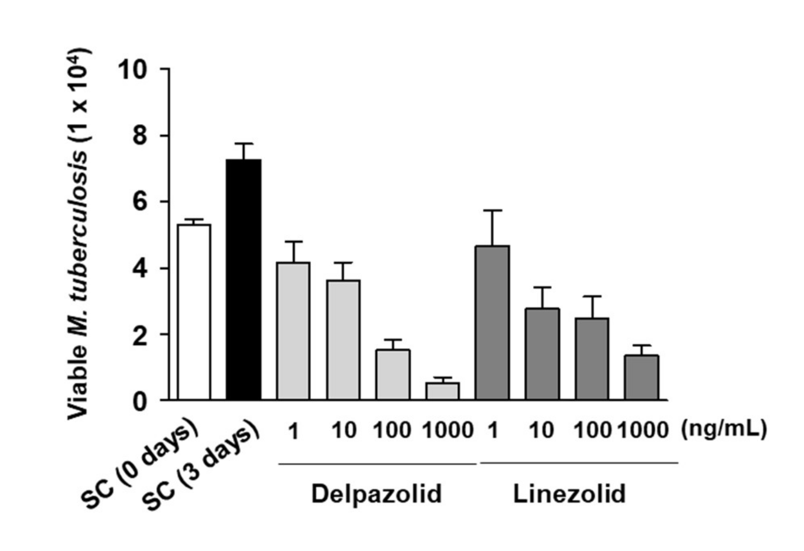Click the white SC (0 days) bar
(194, 312)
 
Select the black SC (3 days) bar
(244, 280)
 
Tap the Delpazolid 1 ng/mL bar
(293, 331)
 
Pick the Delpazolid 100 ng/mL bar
(393, 374)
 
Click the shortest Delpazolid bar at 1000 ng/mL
(443, 391)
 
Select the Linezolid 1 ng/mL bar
(493, 323)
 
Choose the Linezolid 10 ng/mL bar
(542, 354)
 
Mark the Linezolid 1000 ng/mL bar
(641, 377)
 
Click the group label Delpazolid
(376, 494)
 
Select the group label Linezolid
(569, 494)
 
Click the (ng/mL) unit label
(724, 429)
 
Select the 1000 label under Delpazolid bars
(448, 430)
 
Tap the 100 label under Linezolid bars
(592, 430)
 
